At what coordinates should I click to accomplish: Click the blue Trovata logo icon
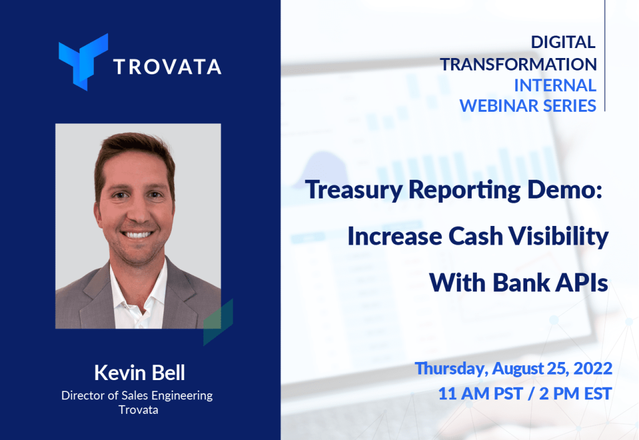(83, 62)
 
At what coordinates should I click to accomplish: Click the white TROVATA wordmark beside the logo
(167, 67)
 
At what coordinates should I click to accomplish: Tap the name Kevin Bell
(139, 373)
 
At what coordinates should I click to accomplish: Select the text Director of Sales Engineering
(137, 396)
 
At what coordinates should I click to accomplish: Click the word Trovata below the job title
(138, 409)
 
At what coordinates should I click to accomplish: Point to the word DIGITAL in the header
(563, 42)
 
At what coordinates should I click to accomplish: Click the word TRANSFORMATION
(518, 64)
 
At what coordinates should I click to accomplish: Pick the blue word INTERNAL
(555, 85)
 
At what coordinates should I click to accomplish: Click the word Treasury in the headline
(354, 190)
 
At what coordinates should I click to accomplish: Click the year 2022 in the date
(593, 368)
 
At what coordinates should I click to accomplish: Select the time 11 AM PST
(480, 394)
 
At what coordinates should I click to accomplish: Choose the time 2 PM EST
(575, 394)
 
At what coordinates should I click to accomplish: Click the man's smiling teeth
(138, 234)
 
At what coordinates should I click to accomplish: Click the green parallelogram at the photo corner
(218, 322)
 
